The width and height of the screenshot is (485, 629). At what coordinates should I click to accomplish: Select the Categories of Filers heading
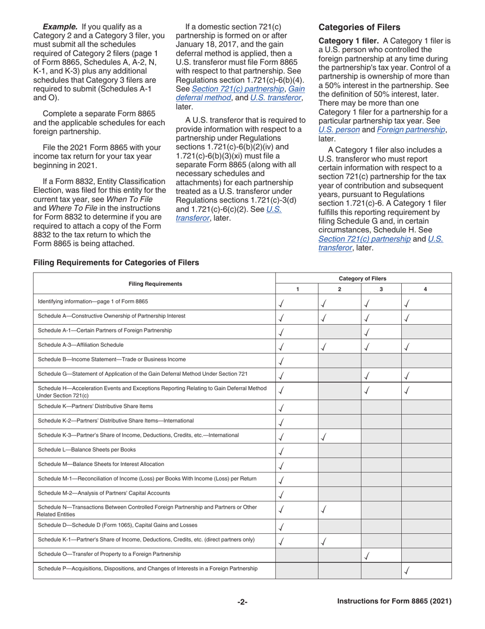pyautogui.click(x=359, y=27)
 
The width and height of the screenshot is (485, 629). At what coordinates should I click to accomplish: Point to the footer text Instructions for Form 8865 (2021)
pyautogui.click(x=394, y=602)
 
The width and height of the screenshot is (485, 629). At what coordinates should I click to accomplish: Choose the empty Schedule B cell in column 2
pyautogui.click(x=339, y=360)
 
